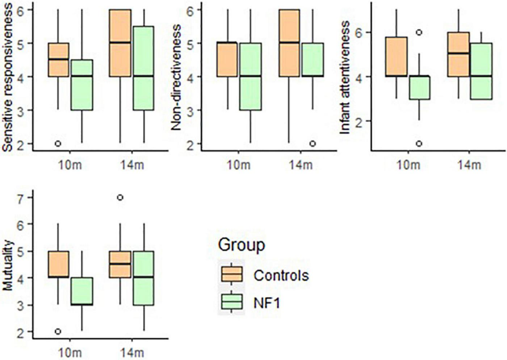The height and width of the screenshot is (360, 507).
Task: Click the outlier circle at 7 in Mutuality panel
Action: (x=120, y=198)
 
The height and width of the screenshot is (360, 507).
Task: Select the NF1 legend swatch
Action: (x=231, y=301)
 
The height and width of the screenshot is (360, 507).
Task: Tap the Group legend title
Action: (x=242, y=245)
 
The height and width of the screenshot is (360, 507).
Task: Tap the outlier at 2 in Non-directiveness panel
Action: (x=312, y=144)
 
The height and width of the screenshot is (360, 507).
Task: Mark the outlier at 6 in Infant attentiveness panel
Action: (x=419, y=32)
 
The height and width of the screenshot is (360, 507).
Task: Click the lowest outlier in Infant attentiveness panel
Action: (x=419, y=144)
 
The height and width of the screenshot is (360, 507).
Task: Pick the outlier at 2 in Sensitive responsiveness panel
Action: (x=58, y=144)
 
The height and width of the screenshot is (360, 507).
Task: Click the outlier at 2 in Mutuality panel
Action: (x=58, y=331)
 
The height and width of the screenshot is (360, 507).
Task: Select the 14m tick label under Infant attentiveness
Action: (x=469, y=165)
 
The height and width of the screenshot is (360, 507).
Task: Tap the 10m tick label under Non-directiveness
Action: (x=239, y=165)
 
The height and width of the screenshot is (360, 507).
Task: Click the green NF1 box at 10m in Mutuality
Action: (x=82, y=291)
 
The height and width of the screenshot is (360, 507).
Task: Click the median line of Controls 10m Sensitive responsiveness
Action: (x=58, y=59)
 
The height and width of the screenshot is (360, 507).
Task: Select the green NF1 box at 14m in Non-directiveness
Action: (x=312, y=60)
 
